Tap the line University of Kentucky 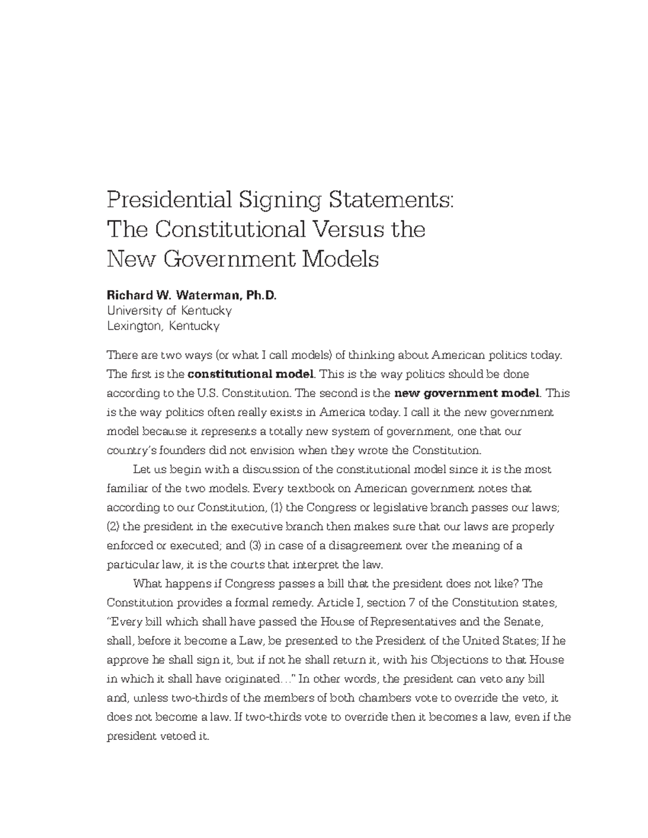(169, 311)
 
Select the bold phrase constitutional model (250, 374)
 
